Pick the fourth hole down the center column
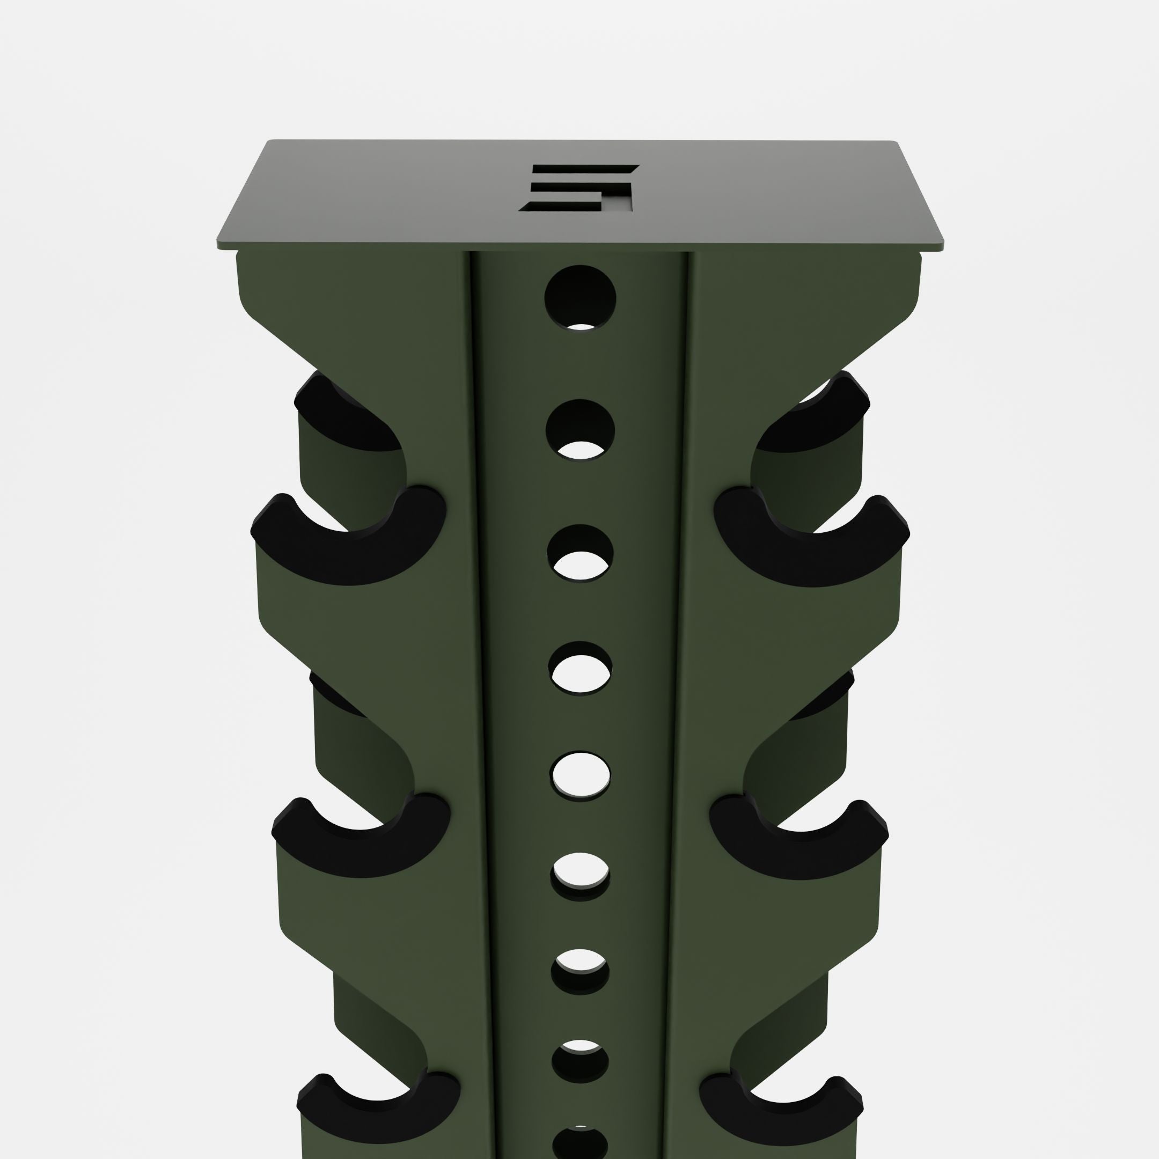point(580,668)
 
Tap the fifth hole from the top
point(580,775)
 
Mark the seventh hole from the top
point(580,972)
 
